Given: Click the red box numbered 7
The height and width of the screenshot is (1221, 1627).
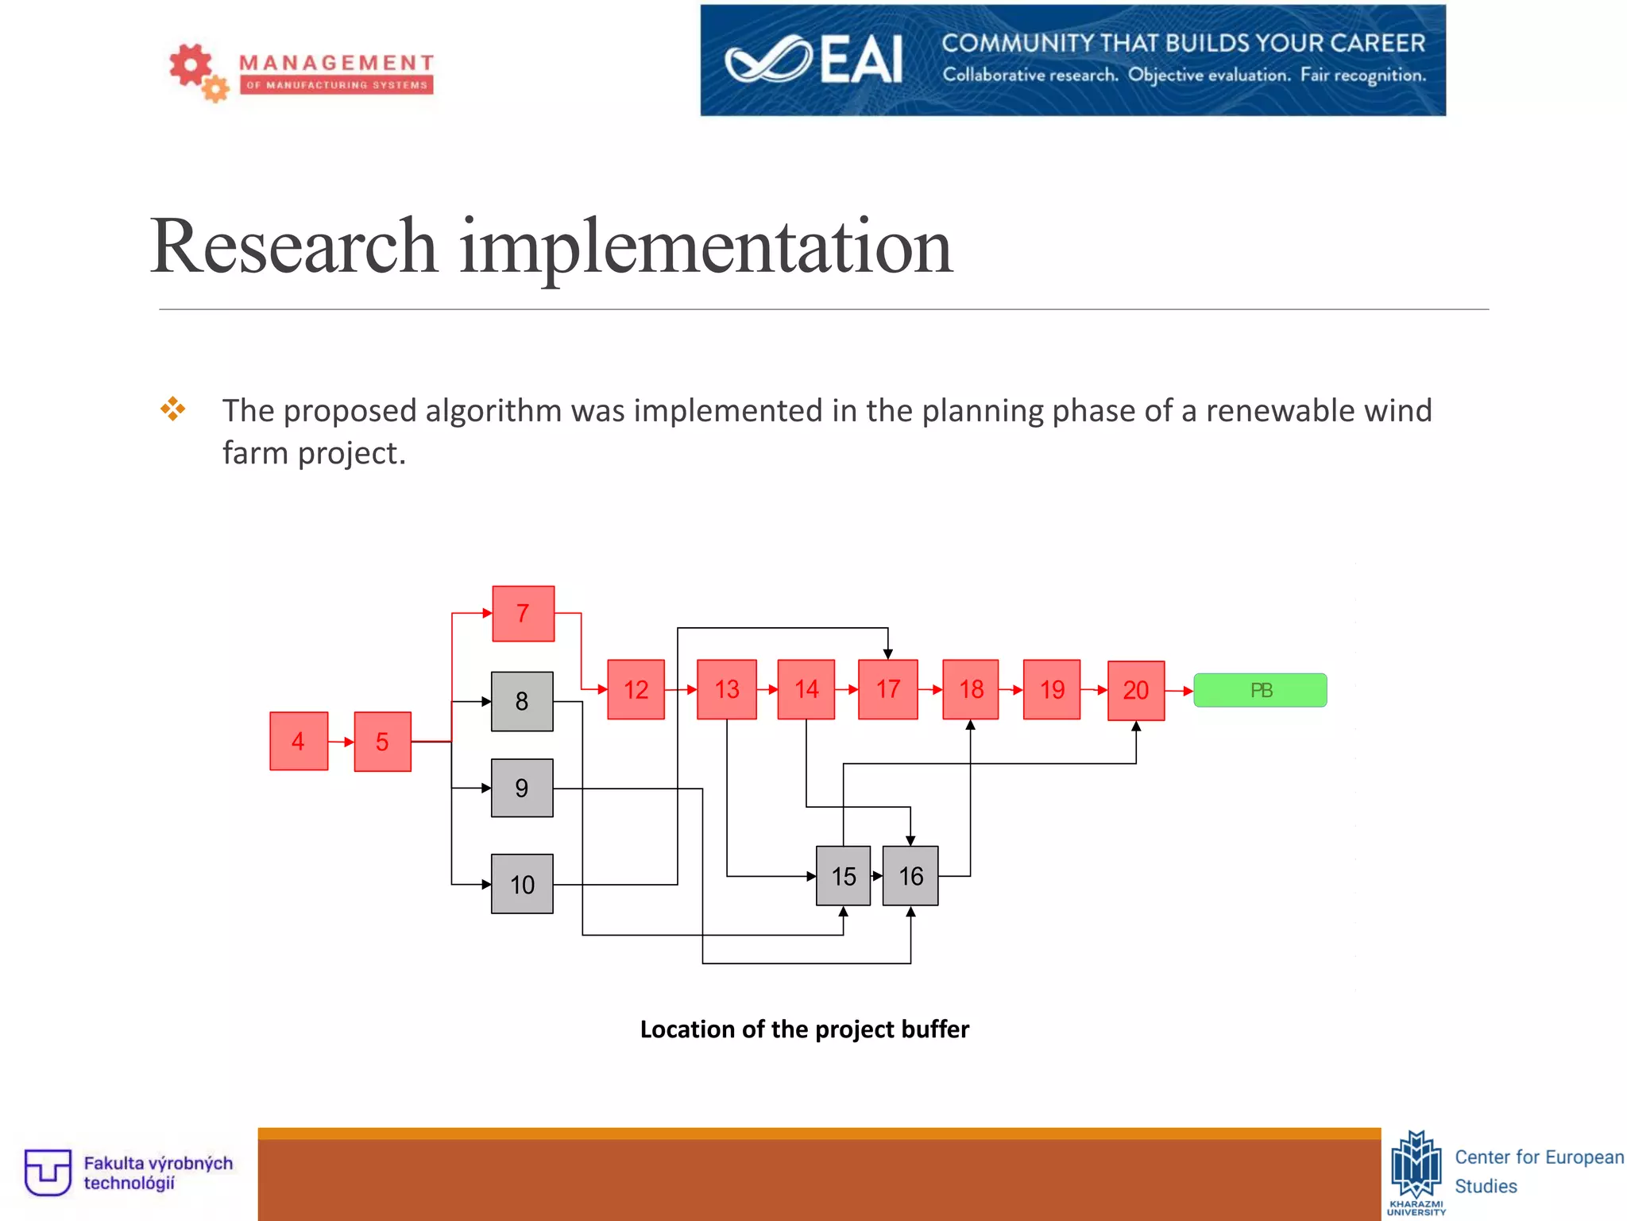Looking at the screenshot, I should (523, 614).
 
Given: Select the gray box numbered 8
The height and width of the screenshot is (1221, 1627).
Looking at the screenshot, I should (522, 701).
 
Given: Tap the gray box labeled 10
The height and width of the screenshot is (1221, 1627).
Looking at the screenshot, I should (522, 884).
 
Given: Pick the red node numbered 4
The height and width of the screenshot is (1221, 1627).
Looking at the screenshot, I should (299, 742).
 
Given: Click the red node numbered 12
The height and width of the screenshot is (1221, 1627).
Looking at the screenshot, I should (636, 690).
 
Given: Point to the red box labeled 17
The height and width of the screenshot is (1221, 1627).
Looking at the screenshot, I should (888, 689).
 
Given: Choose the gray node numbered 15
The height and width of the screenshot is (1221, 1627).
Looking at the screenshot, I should (843, 876).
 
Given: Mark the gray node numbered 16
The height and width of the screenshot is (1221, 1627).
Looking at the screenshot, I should (910, 876).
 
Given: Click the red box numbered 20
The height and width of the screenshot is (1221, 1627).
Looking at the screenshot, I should (1136, 690).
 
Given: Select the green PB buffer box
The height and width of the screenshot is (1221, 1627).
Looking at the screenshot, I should (1260, 690).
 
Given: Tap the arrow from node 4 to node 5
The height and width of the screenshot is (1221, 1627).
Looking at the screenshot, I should (342, 742).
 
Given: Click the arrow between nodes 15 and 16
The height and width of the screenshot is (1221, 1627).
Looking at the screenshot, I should (877, 876).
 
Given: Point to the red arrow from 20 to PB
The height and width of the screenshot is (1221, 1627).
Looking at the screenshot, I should (1180, 691).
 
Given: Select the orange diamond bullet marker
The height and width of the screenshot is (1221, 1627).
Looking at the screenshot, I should (172, 409).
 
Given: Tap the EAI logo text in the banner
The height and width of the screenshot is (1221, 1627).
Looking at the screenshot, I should (861, 60).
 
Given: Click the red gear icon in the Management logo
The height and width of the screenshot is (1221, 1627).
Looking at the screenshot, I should (191, 65).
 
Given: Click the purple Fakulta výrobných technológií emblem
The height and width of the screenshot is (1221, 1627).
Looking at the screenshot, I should (48, 1172).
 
